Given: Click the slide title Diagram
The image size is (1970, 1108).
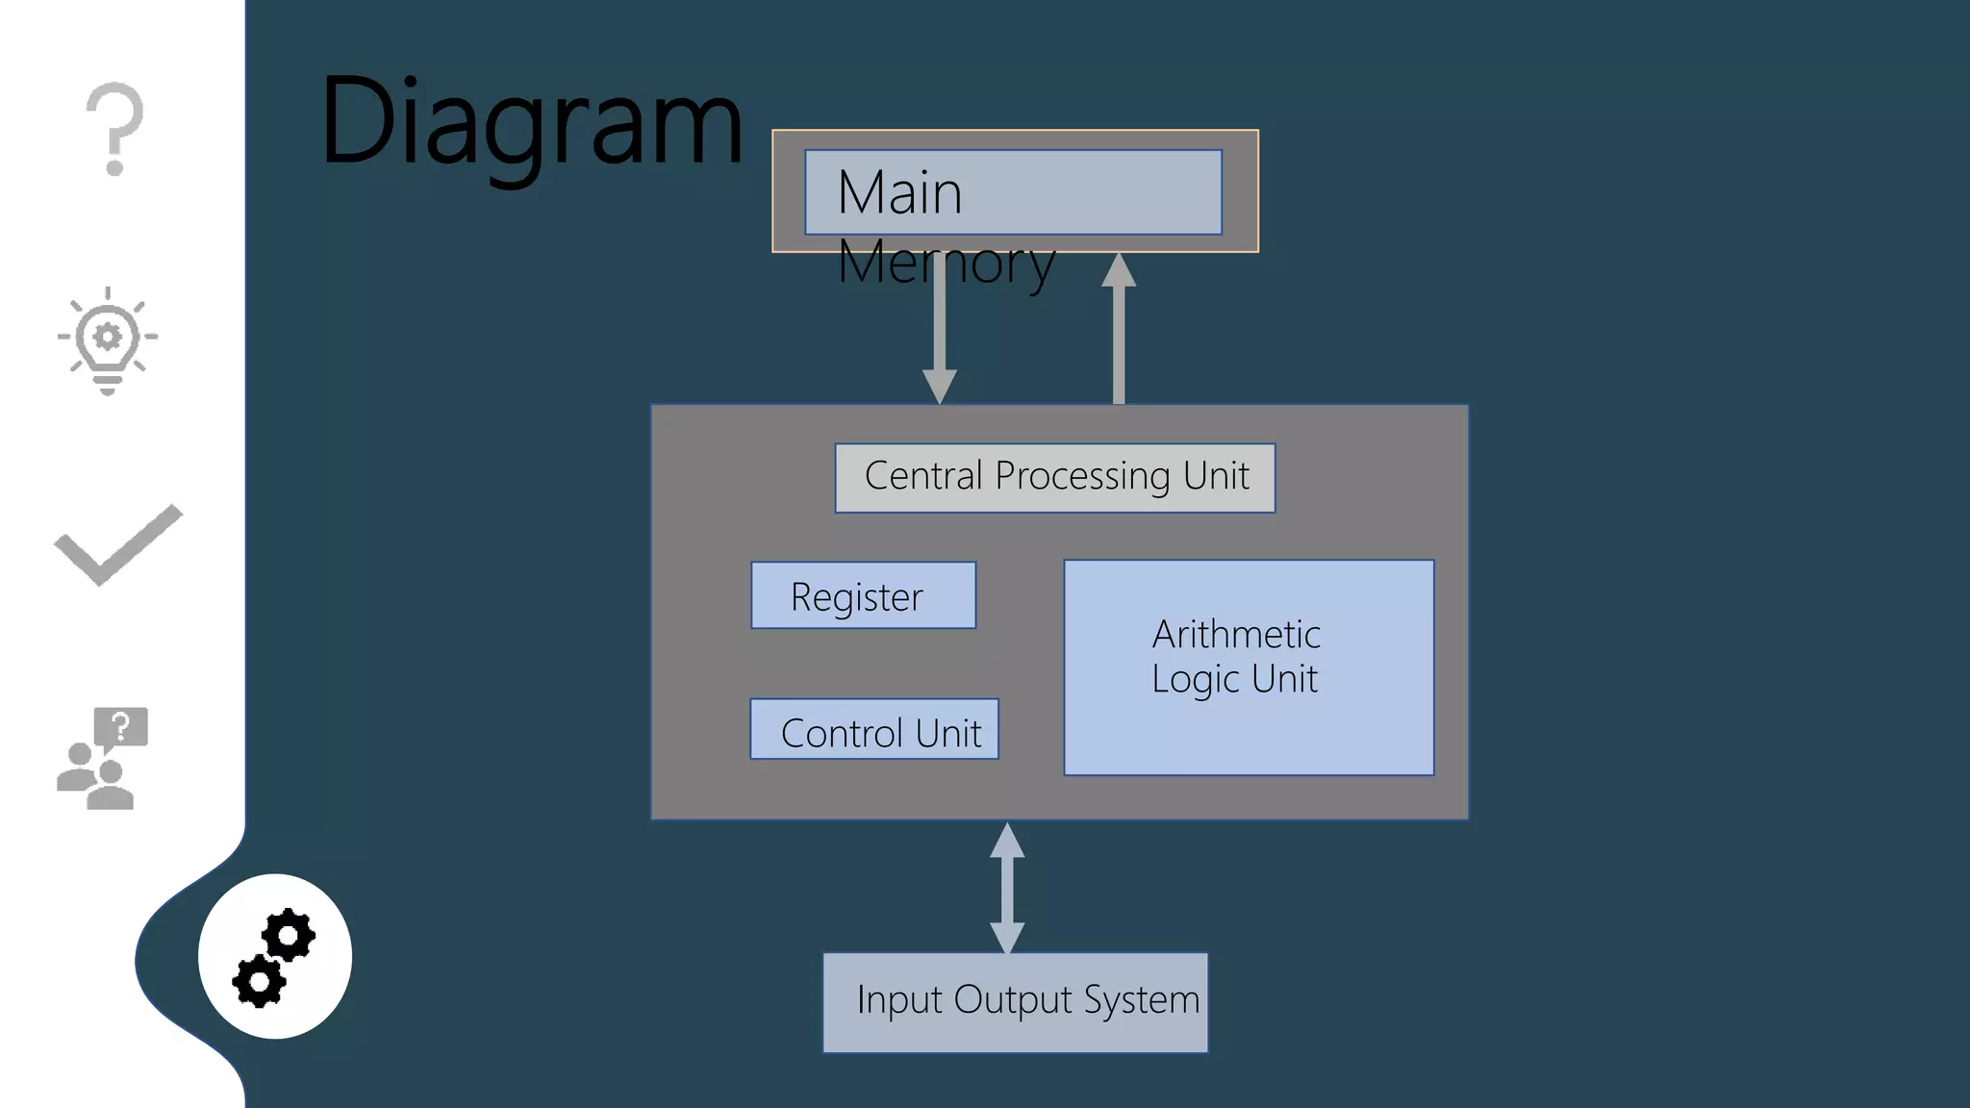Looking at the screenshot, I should (x=531, y=123).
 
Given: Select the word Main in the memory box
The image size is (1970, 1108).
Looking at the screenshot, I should (x=899, y=192).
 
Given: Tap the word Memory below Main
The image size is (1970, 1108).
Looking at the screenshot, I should (x=946, y=263).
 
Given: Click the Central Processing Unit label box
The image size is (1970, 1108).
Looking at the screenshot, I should (x=1055, y=477).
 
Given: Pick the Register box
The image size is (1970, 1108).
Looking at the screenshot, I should (x=863, y=596).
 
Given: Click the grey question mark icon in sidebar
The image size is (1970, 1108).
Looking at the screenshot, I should (x=114, y=129).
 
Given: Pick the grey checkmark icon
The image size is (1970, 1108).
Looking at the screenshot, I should (x=118, y=544).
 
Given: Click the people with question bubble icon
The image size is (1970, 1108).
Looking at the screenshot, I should (x=102, y=759).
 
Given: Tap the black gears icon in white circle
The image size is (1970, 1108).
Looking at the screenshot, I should (x=274, y=957).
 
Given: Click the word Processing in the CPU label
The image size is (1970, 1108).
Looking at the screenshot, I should (x=1082, y=477).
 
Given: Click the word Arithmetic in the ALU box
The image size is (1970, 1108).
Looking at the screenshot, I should (x=1236, y=635).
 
